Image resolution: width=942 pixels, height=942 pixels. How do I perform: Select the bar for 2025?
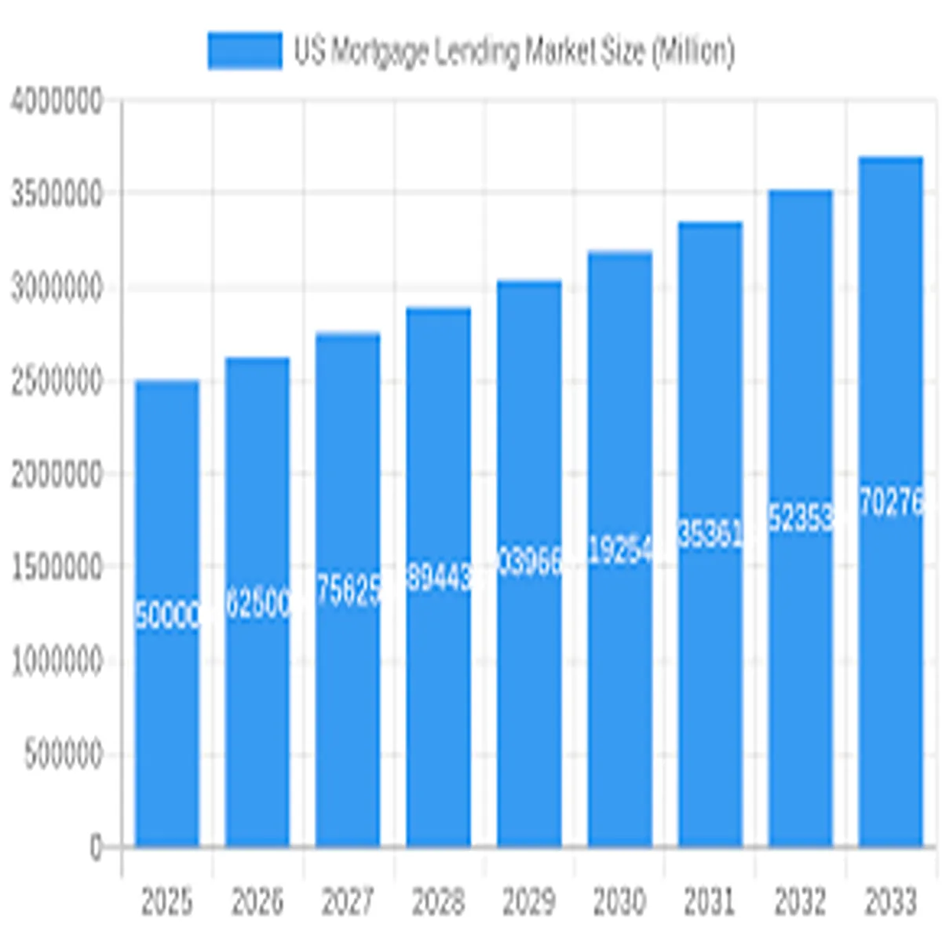coord(166,706)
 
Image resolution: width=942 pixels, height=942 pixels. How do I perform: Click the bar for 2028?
coord(438,706)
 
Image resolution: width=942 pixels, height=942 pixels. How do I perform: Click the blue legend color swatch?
coord(244,51)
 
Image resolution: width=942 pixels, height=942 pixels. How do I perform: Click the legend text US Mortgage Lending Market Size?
coord(514,52)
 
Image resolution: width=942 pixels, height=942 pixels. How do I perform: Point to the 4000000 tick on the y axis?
coord(57,101)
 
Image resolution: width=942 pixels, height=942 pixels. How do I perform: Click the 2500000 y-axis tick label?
coord(57,382)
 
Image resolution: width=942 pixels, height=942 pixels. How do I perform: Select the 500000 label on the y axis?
coord(63,754)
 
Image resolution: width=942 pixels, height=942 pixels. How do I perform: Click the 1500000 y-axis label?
coord(57,568)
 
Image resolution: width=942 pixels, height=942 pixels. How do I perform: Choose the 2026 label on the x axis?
coord(257,902)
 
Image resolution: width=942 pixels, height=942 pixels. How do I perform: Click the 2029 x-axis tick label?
coord(528,902)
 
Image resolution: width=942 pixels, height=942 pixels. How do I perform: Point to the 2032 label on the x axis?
coord(800,902)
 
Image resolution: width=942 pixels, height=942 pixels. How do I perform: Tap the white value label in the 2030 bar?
coord(619,552)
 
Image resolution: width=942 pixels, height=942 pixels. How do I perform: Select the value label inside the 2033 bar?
coord(890,503)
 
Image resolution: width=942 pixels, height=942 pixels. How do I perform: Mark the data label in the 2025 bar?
coord(166,616)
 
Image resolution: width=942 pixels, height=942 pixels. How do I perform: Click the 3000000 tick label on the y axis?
coord(57,288)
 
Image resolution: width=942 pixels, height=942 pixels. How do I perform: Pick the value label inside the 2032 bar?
coord(800,520)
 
